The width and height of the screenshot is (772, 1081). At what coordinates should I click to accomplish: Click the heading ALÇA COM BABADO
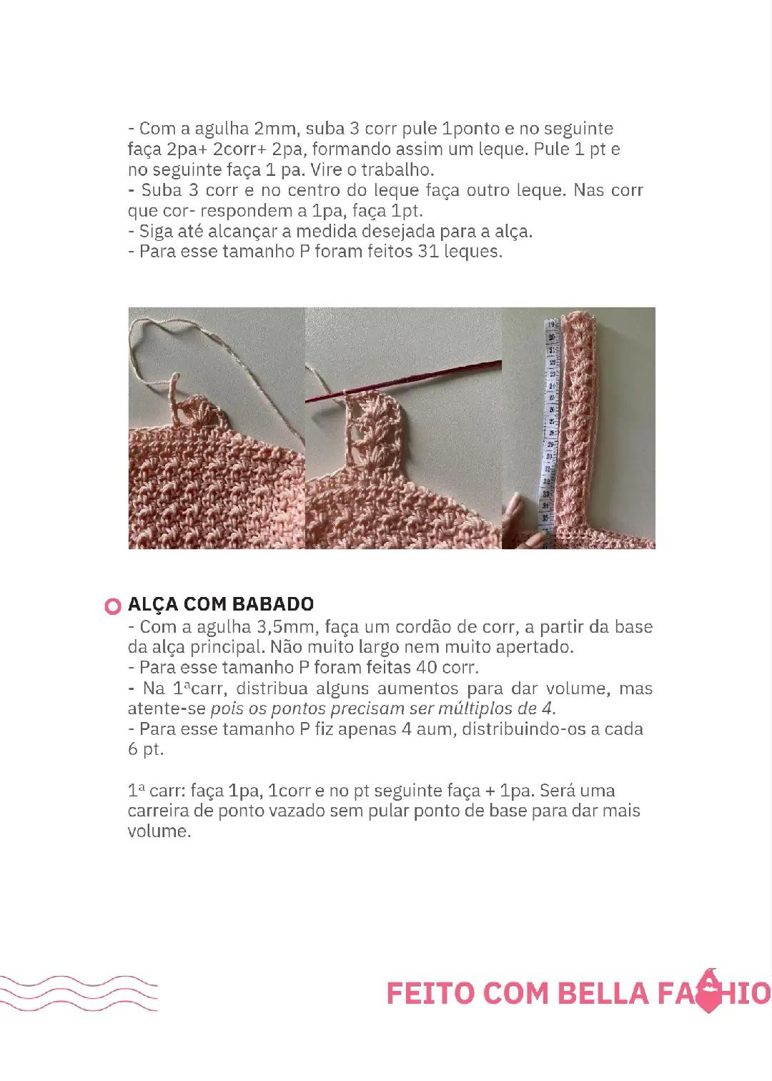(x=220, y=604)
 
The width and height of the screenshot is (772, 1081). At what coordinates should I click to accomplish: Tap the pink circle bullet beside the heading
(x=112, y=606)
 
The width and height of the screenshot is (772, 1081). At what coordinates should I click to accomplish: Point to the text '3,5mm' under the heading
(x=292, y=627)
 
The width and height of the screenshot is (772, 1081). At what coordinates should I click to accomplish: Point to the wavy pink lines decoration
(x=79, y=993)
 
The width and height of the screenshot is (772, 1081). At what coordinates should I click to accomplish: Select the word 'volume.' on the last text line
(x=159, y=831)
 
